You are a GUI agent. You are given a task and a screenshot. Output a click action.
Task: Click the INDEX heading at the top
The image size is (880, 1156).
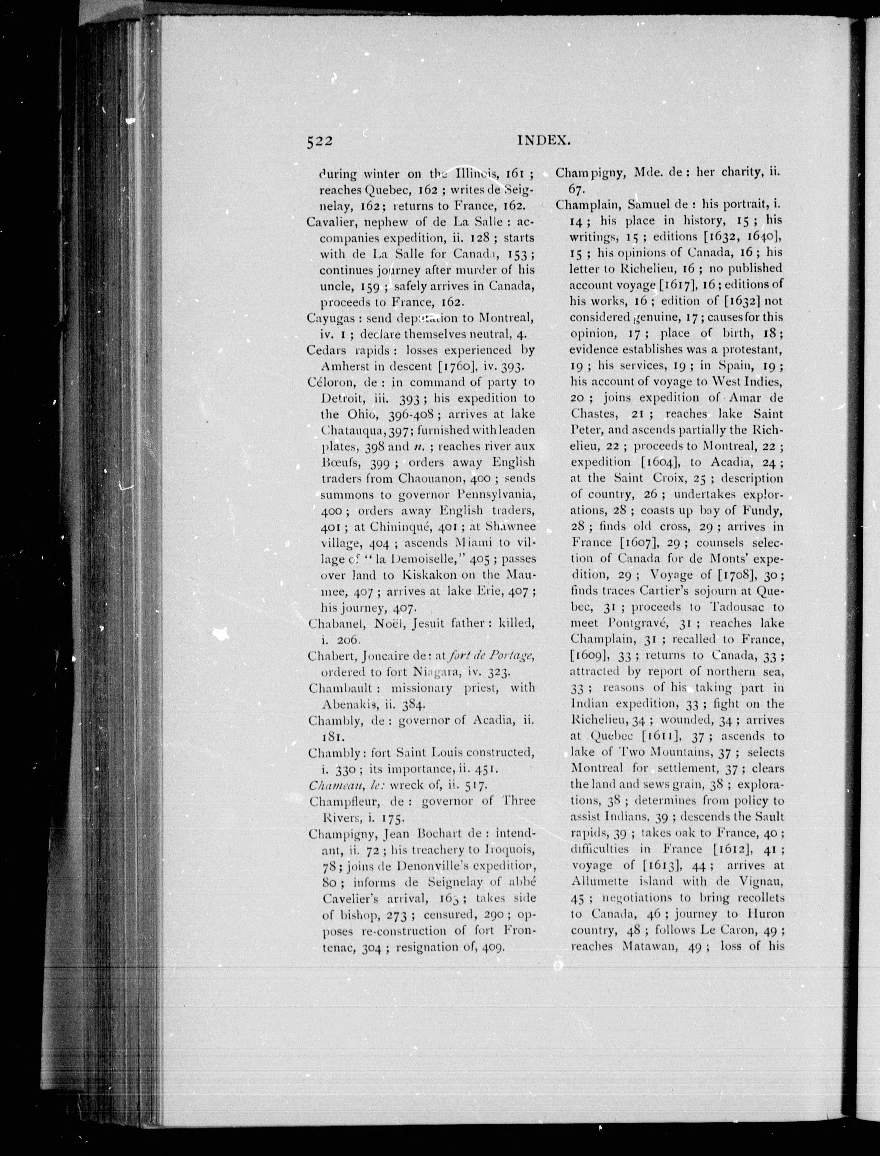tap(543, 140)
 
